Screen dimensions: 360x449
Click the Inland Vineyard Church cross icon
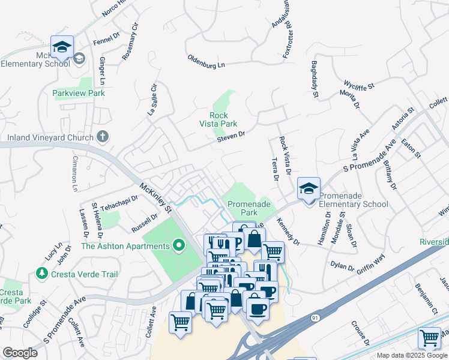102,137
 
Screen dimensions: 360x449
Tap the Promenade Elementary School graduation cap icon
309,189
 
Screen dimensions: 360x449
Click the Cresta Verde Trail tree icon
41,274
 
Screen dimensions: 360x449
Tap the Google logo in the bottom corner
19,353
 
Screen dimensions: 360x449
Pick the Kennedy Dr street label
288,232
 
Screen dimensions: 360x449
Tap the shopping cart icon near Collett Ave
181,322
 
